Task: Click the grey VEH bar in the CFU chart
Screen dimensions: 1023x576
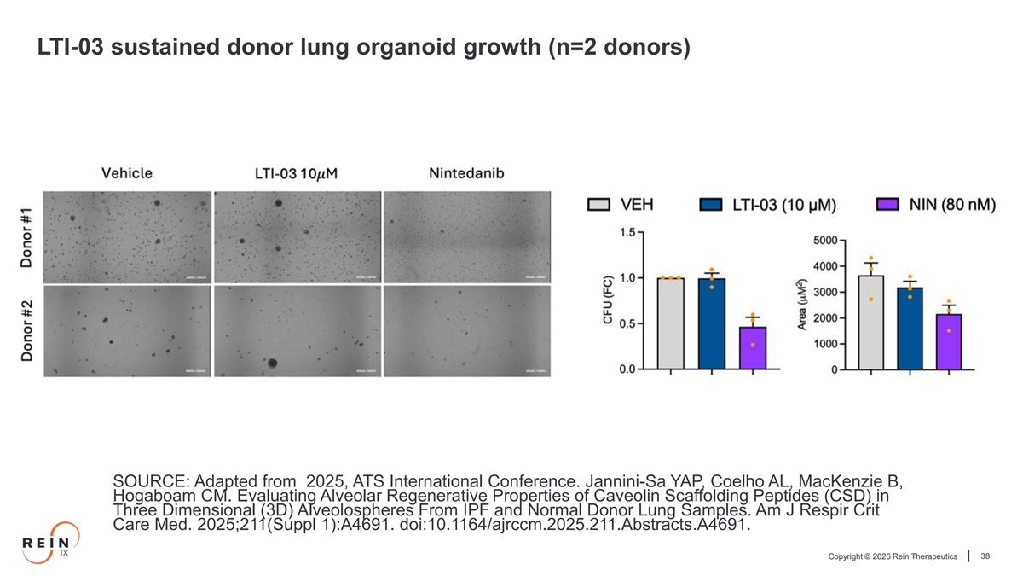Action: [x=670, y=323]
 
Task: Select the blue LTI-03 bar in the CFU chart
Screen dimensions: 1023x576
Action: [x=712, y=323]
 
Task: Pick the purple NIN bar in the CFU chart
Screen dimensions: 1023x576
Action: [x=753, y=348]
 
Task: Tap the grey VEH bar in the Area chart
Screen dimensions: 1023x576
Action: [x=871, y=323]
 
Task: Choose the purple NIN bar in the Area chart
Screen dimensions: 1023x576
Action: [x=949, y=341]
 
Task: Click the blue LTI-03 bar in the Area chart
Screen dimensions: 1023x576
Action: [x=910, y=329]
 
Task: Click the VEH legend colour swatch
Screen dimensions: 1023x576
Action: [x=598, y=204]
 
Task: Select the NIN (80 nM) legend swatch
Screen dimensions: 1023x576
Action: [x=887, y=204]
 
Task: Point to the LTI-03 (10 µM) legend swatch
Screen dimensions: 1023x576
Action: [x=711, y=204]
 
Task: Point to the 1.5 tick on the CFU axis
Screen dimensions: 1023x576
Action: [x=627, y=232]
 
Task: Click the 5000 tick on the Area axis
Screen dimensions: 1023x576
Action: [x=825, y=241]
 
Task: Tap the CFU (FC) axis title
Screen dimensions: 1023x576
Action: [x=607, y=300]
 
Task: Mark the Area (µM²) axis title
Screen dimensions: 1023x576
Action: [x=801, y=305]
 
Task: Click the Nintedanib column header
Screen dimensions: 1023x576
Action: [x=466, y=173]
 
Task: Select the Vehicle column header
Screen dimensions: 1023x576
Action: [x=127, y=173]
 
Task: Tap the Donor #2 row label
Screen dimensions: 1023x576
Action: [x=27, y=330]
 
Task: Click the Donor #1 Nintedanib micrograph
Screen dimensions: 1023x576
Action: [x=467, y=237]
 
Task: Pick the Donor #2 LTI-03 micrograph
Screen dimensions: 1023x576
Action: [x=298, y=331]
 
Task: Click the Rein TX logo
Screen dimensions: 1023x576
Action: [x=50, y=543]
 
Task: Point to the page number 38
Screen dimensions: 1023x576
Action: [x=985, y=556]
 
